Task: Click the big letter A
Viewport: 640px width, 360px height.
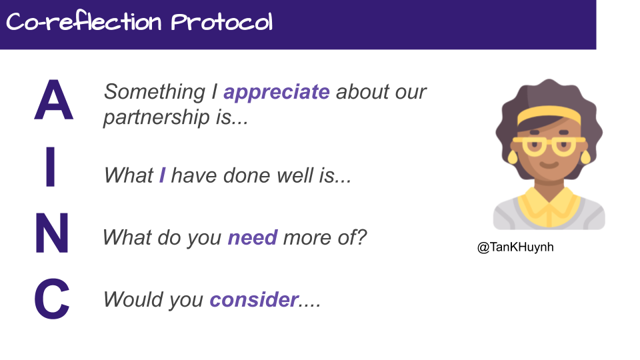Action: coord(53,100)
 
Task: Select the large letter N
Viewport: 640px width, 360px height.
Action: coord(52,233)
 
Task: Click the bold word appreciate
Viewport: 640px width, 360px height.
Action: coord(277,92)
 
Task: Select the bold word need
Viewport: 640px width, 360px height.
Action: coord(253,237)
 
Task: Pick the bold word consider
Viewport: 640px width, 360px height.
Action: coord(254,300)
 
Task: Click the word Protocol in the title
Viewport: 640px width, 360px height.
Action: coord(222,23)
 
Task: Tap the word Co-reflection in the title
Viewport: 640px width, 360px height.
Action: coord(84,23)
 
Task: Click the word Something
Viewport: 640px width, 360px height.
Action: coord(155,92)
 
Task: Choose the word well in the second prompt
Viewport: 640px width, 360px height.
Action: coord(290,175)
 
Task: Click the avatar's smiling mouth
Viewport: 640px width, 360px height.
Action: coord(548,165)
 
